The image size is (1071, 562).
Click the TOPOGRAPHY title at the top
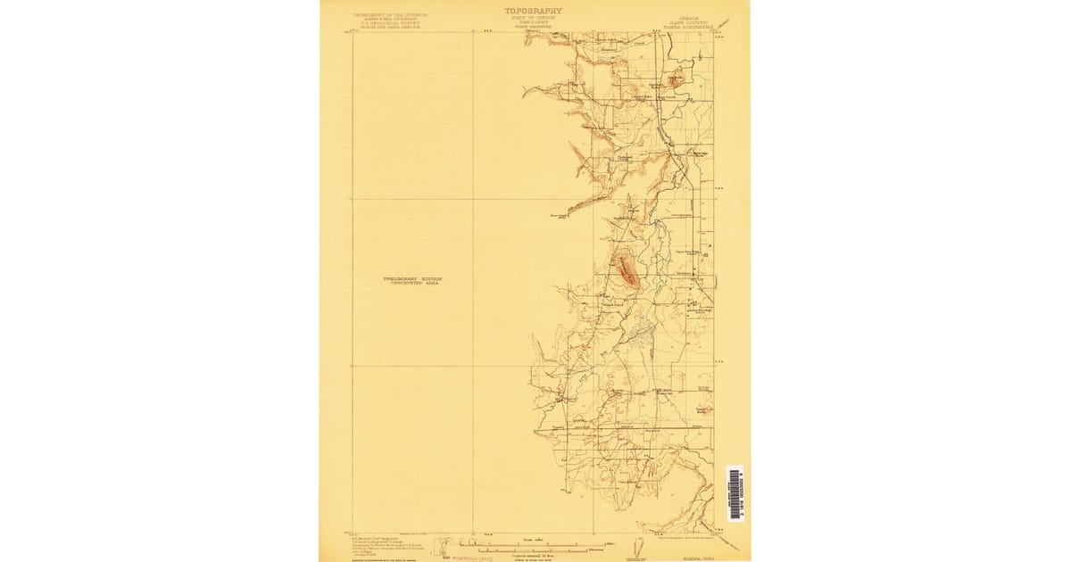(x=534, y=11)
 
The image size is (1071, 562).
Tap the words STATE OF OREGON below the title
(x=534, y=17)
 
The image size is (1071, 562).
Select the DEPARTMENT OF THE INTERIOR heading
(x=391, y=14)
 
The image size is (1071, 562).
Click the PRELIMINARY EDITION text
(x=412, y=278)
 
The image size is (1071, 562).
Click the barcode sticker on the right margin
(x=734, y=492)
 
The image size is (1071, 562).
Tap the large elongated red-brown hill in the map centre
(x=627, y=269)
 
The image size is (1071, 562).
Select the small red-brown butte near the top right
(x=677, y=79)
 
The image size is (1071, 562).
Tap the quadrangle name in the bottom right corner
(x=694, y=558)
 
